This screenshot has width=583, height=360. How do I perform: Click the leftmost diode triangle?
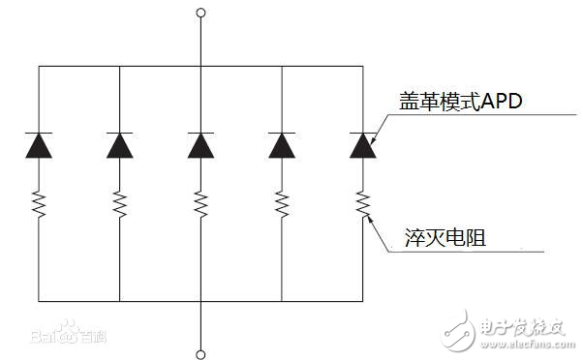click(x=39, y=145)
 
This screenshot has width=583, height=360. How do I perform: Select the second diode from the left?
click(x=119, y=145)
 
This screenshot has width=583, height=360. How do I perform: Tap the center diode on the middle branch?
click(x=200, y=145)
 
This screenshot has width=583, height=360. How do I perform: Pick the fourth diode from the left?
click(x=281, y=145)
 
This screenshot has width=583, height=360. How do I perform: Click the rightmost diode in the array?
click(x=362, y=145)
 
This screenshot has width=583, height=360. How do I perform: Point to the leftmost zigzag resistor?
click(x=39, y=203)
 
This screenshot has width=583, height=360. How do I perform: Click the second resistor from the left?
click(x=119, y=203)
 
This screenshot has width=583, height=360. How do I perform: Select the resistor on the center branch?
click(x=200, y=203)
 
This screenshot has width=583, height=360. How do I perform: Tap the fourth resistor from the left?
click(x=281, y=203)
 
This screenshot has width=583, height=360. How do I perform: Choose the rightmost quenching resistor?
click(x=362, y=203)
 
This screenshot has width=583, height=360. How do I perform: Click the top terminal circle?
click(x=200, y=14)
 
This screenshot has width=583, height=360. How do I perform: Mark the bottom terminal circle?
click(x=200, y=353)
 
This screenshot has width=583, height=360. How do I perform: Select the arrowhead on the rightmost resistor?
click(x=368, y=218)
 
